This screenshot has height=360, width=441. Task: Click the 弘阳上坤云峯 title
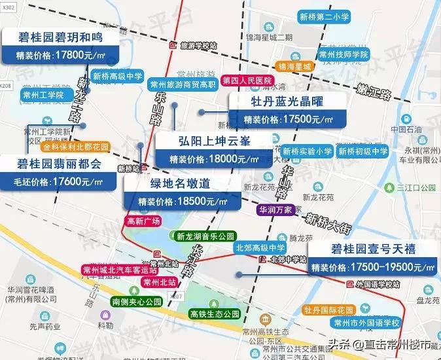(x=207, y=141)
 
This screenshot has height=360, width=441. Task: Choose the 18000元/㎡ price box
(x=207, y=158)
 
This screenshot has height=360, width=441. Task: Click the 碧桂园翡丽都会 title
(x=59, y=164)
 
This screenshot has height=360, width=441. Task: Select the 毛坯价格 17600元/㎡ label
(x=59, y=181)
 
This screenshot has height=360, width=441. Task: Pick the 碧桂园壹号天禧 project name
(x=372, y=249)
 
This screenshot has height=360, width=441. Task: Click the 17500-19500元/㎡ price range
(x=372, y=267)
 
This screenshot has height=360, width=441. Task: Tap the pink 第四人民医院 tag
(x=247, y=81)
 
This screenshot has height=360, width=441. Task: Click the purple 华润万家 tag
(x=275, y=210)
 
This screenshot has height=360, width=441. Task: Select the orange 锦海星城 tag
(x=294, y=67)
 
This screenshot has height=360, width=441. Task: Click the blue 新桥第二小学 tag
(x=324, y=18)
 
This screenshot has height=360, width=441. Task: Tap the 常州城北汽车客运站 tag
(x=120, y=270)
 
